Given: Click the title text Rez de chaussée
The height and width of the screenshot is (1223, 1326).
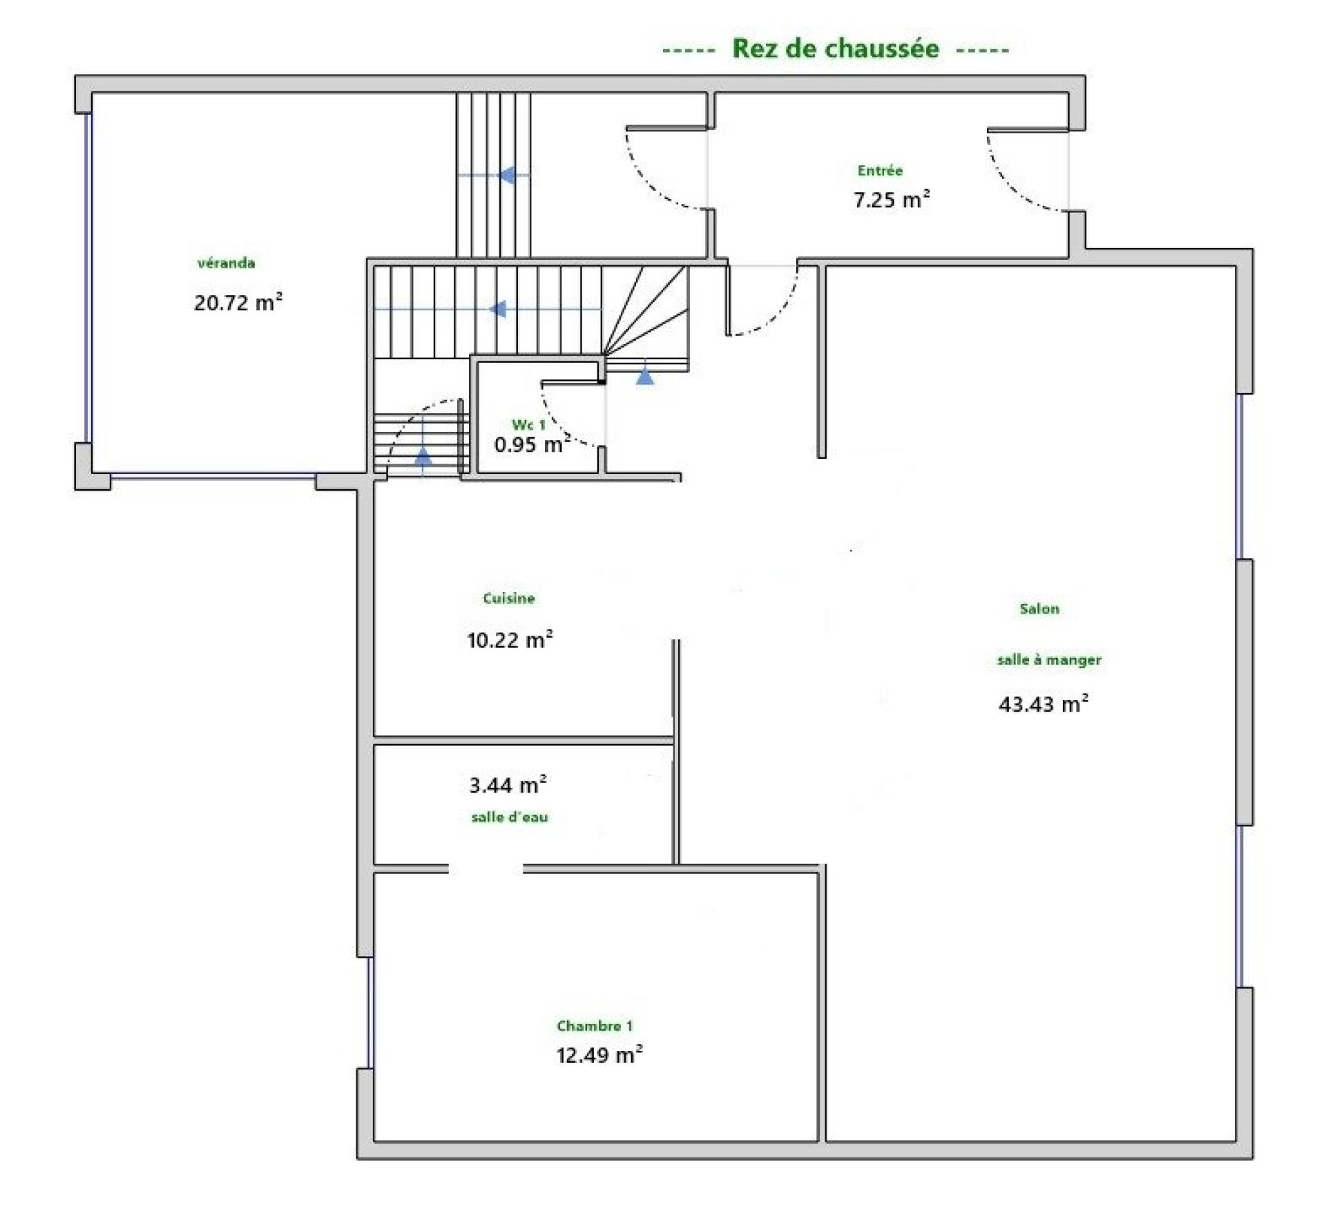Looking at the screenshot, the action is (x=835, y=48).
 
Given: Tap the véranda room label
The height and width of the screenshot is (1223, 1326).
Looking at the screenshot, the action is (x=226, y=263).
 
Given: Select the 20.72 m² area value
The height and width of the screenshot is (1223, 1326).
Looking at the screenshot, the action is (x=238, y=303).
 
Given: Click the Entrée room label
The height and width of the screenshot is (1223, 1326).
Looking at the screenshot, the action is (x=880, y=170).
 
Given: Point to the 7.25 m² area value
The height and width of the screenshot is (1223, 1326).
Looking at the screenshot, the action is (x=892, y=200).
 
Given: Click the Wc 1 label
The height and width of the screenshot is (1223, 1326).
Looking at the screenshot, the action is (x=528, y=424).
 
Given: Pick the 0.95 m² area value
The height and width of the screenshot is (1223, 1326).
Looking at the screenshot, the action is (x=532, y=444).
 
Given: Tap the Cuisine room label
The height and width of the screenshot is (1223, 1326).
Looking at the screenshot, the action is (x=509, y=598).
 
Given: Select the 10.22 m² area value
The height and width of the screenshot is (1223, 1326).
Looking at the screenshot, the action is (x=510, y=640).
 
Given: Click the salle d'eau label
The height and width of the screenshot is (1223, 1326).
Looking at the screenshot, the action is (x=510, y=817).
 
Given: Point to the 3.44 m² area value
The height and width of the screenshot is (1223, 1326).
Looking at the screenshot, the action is (x=508, y=785).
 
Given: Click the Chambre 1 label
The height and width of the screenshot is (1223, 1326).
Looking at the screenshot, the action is (x=595, y=1026).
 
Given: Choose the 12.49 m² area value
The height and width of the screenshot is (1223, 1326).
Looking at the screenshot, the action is (x=599, y=1055).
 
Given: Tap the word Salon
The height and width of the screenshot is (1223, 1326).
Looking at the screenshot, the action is (x=1039, y=609).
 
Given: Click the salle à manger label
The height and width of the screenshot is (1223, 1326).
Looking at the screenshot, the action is (x=1049, y=660).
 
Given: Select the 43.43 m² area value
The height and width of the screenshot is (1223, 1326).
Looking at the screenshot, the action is (x=1044, y=704).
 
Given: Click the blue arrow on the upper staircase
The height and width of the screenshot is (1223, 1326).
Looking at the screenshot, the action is (x=507, y=176).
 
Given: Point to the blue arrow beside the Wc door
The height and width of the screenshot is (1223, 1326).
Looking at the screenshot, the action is (x=645, y=376).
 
